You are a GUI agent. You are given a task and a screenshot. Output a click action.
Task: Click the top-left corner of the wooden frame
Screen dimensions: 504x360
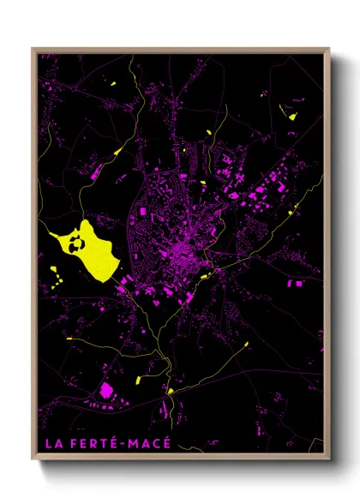point(33,49)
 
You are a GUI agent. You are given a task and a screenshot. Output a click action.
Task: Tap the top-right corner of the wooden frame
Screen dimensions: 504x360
point(329,49)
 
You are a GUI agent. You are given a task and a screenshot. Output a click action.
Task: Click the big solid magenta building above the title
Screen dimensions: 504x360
point(107,391)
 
